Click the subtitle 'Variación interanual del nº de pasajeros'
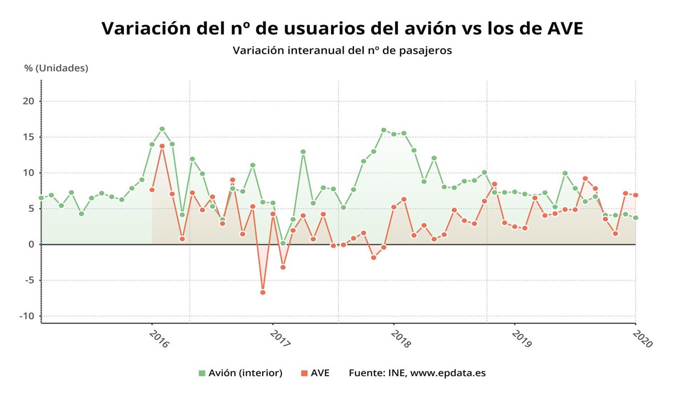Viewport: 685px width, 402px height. (x=342, y=51)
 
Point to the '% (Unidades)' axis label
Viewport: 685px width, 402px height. (x=57, y=68)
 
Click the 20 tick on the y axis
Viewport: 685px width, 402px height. (x=28, y=102)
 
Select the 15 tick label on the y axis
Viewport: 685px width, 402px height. (x=28, y=137)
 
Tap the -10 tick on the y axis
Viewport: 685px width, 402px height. (x=26, y=316)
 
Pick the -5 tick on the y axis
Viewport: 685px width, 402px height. (x=28, y=280)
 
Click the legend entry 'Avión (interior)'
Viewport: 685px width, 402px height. (x=240, y=373)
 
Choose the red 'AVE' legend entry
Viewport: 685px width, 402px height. (x=315, y=373)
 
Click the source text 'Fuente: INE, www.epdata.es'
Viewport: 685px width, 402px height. (x=417, y=373)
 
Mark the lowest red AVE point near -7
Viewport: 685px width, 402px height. (x=263, y=292)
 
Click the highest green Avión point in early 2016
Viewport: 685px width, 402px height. (x=162, y=129)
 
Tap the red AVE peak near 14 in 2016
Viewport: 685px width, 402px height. (x=162, y=146)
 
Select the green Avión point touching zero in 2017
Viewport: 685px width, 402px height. (x=283, y=243)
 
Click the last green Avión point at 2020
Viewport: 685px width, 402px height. (x=635, y=218)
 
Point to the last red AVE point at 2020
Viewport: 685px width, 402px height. (x=635, y=195)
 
